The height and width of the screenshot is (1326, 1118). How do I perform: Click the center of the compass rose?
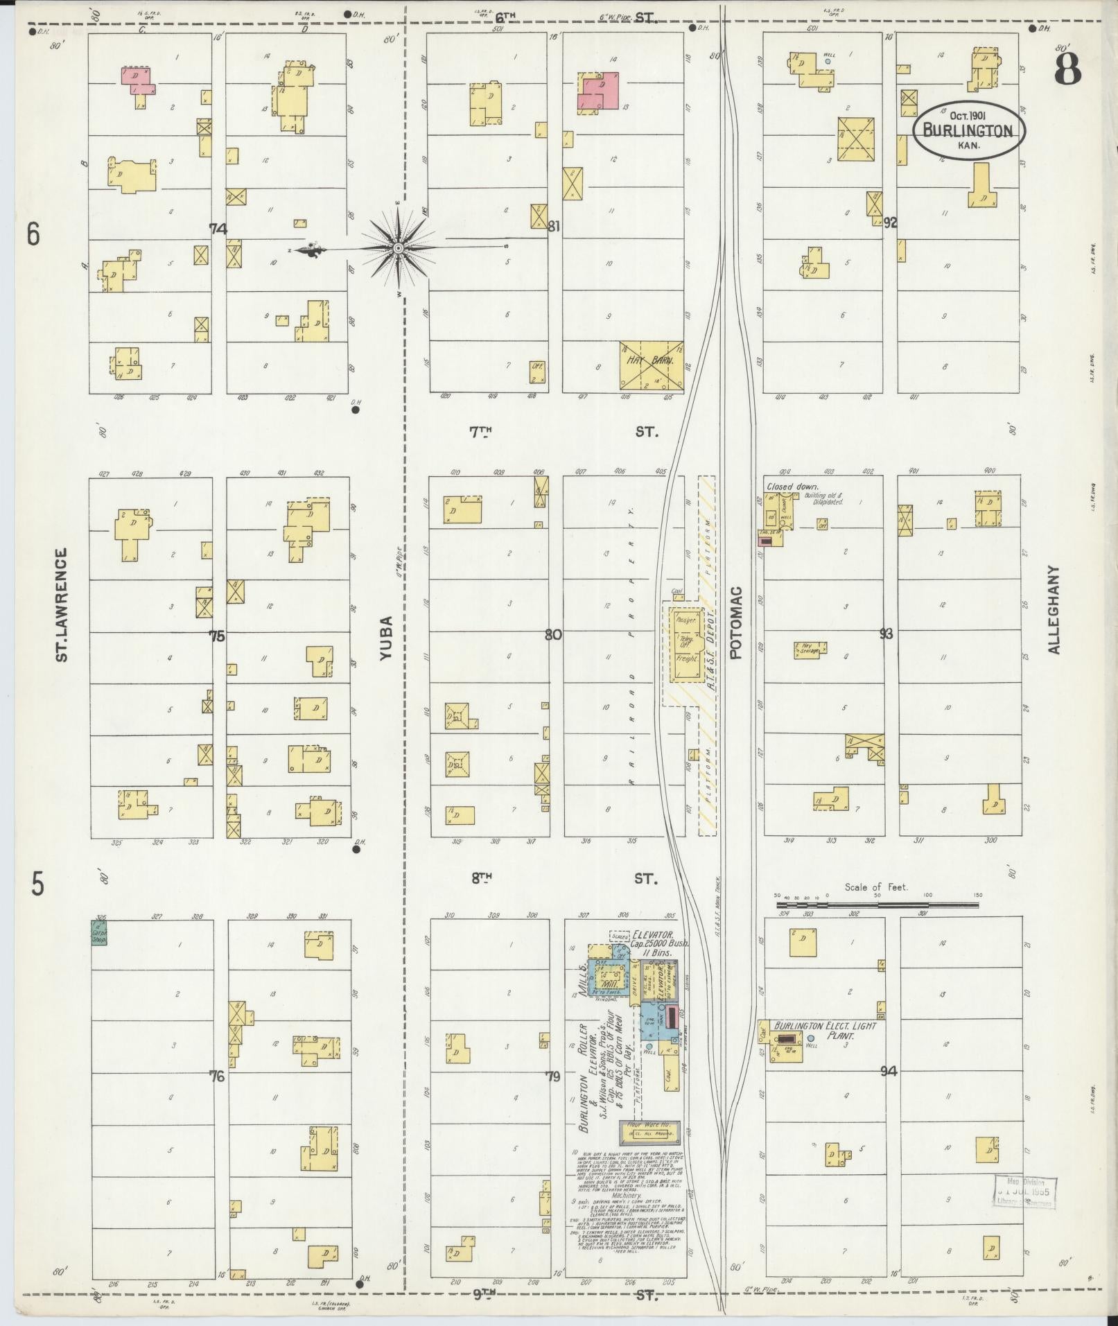click(x=399, y=248)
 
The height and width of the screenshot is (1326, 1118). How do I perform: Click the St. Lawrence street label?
click(x=62, y=604)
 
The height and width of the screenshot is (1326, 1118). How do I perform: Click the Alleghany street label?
click(x=1054, y=609)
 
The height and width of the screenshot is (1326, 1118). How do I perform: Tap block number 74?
click(x=218, y=228)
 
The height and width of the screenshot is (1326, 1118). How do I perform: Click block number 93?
click(x=886, y=634)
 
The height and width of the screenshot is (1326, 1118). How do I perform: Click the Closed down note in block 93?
click(x=792, y=487)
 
